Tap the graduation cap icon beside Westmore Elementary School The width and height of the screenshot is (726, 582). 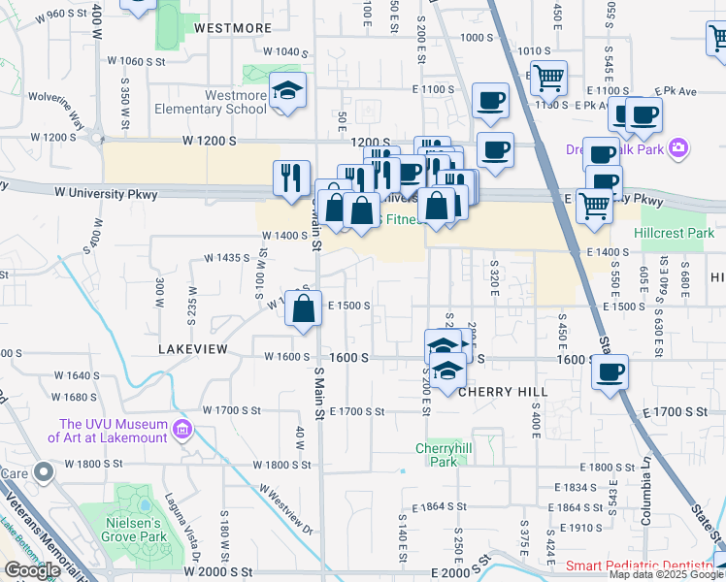tap(287, 91)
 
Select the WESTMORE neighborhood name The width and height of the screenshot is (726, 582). tap(232, 28)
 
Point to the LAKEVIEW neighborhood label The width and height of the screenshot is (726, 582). tap(193, 347)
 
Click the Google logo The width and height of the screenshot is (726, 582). tap(32, 570)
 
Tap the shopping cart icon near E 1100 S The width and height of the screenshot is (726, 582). tap(548, 76)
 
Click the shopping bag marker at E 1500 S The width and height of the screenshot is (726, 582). tap(304, 309)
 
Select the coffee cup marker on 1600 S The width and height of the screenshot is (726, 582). tap(610, 372)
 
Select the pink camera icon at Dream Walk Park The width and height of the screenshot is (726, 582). tap(678, 149)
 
